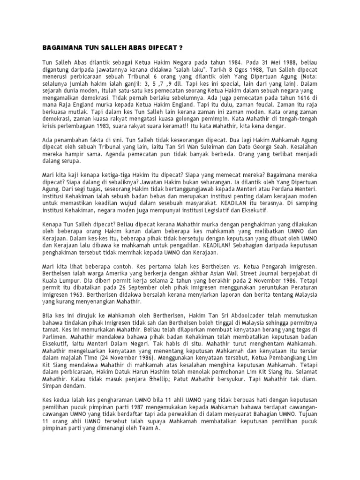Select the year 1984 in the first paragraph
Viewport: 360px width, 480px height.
(x=232, y=61)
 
